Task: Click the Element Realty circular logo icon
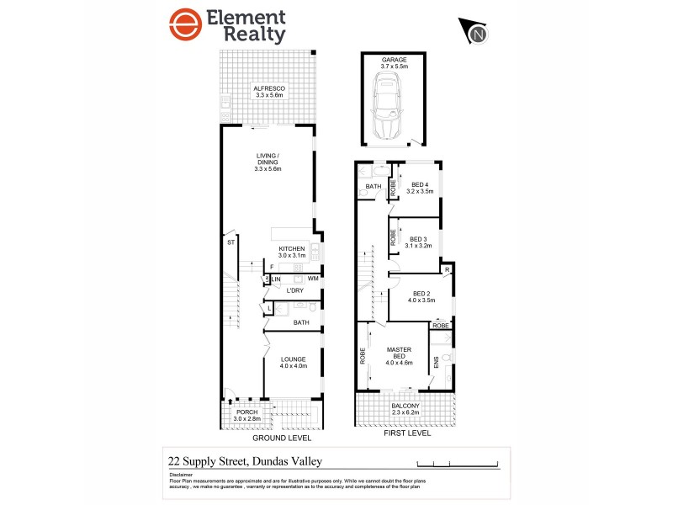click(x=188, y=27)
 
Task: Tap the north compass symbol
click(x=476, y=33)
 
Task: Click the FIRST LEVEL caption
click(x=406, y=433)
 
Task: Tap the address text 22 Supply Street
click(x=244, y=460)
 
